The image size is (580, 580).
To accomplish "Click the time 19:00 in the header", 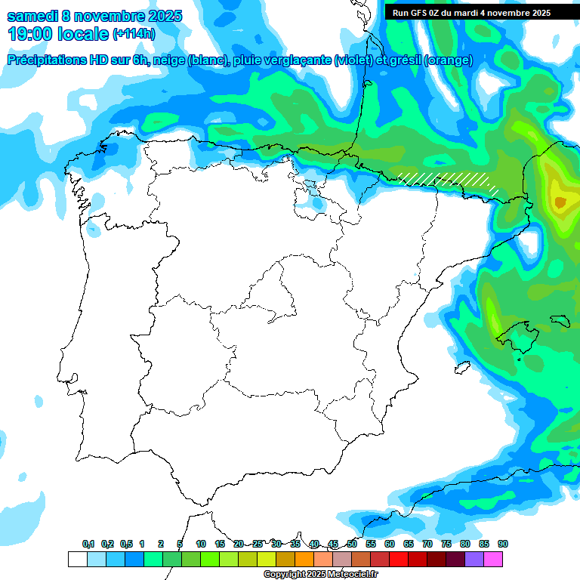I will pos(31,35).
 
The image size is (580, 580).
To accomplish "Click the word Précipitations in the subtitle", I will pos(51,60).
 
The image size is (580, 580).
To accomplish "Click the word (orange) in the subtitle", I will pos(449,60).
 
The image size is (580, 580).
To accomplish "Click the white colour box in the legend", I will pos(77,560).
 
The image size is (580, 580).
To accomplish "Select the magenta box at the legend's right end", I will pos(493,560).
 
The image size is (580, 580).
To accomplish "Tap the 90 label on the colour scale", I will pos(503,544).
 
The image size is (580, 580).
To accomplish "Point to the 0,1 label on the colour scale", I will pos(88,544).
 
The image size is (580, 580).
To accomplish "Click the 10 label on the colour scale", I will pos(201,544).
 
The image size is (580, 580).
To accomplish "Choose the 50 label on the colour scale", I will pos(352,544).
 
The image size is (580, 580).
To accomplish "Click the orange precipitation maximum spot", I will pos(560,202).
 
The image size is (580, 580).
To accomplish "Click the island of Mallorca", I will pos(520,335).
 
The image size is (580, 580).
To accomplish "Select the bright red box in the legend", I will pos(399,560).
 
